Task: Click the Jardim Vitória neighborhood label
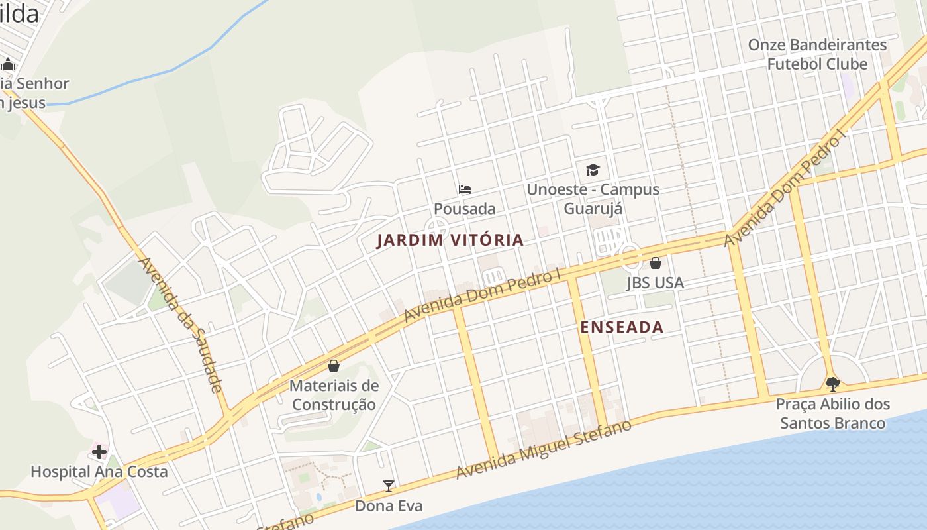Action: pos(450,240)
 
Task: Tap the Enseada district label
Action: pos(622,327)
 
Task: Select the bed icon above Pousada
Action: pos(465,189)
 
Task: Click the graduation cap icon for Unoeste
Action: pos(593,170)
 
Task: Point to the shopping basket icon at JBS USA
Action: pos(655,263)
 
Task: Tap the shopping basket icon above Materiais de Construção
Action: pos(334,366)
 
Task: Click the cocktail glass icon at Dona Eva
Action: pos(389,486)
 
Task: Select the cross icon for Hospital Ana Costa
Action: pos(99,452)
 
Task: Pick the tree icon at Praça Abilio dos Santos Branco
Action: pos(832,384)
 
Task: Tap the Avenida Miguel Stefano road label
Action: pos(543,449)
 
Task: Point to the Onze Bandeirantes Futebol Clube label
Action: pos(817,54)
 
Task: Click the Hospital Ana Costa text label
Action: pos(99,472)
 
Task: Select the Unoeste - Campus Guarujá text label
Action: pos(593,199)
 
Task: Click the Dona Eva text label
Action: pos(389,506)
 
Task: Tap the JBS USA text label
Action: pos(655,283)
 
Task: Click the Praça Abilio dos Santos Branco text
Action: pos(832,413)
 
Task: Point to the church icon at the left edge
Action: pos(8,65)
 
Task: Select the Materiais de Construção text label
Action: pos(334,395)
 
